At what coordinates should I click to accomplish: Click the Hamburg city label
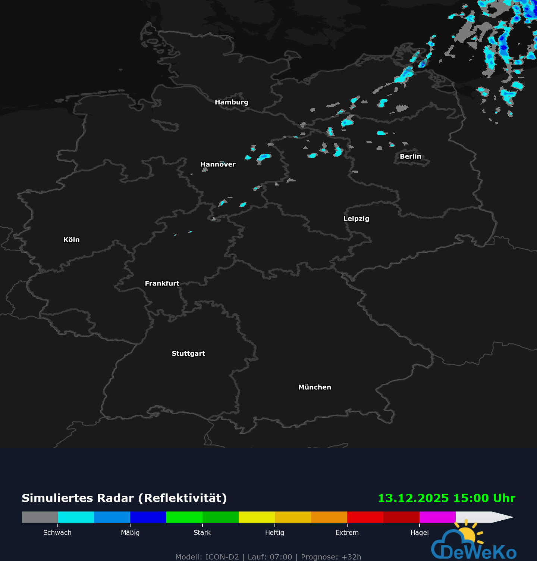(231, 102)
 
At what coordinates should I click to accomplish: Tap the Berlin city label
(410, 156)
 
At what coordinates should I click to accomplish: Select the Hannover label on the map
(218, 164)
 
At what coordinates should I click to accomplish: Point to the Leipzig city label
(356, 219)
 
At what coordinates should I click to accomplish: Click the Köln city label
(72, 240)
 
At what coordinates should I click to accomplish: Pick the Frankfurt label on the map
(162, 283)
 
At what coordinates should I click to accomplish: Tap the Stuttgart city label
(188, 353)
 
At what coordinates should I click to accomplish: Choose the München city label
(314, 387)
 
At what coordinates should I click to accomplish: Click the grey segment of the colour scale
(40, 517)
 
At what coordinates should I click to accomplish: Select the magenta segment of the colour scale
(437, 517)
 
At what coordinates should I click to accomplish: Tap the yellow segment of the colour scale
(257, 517)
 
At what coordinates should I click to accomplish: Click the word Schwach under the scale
(57, 533)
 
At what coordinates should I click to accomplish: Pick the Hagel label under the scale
(420, 533)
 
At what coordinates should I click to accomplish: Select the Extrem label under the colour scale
(347, 533)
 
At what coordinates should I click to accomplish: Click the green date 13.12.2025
(413, 498)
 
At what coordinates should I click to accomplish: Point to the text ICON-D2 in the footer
(222, 557)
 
